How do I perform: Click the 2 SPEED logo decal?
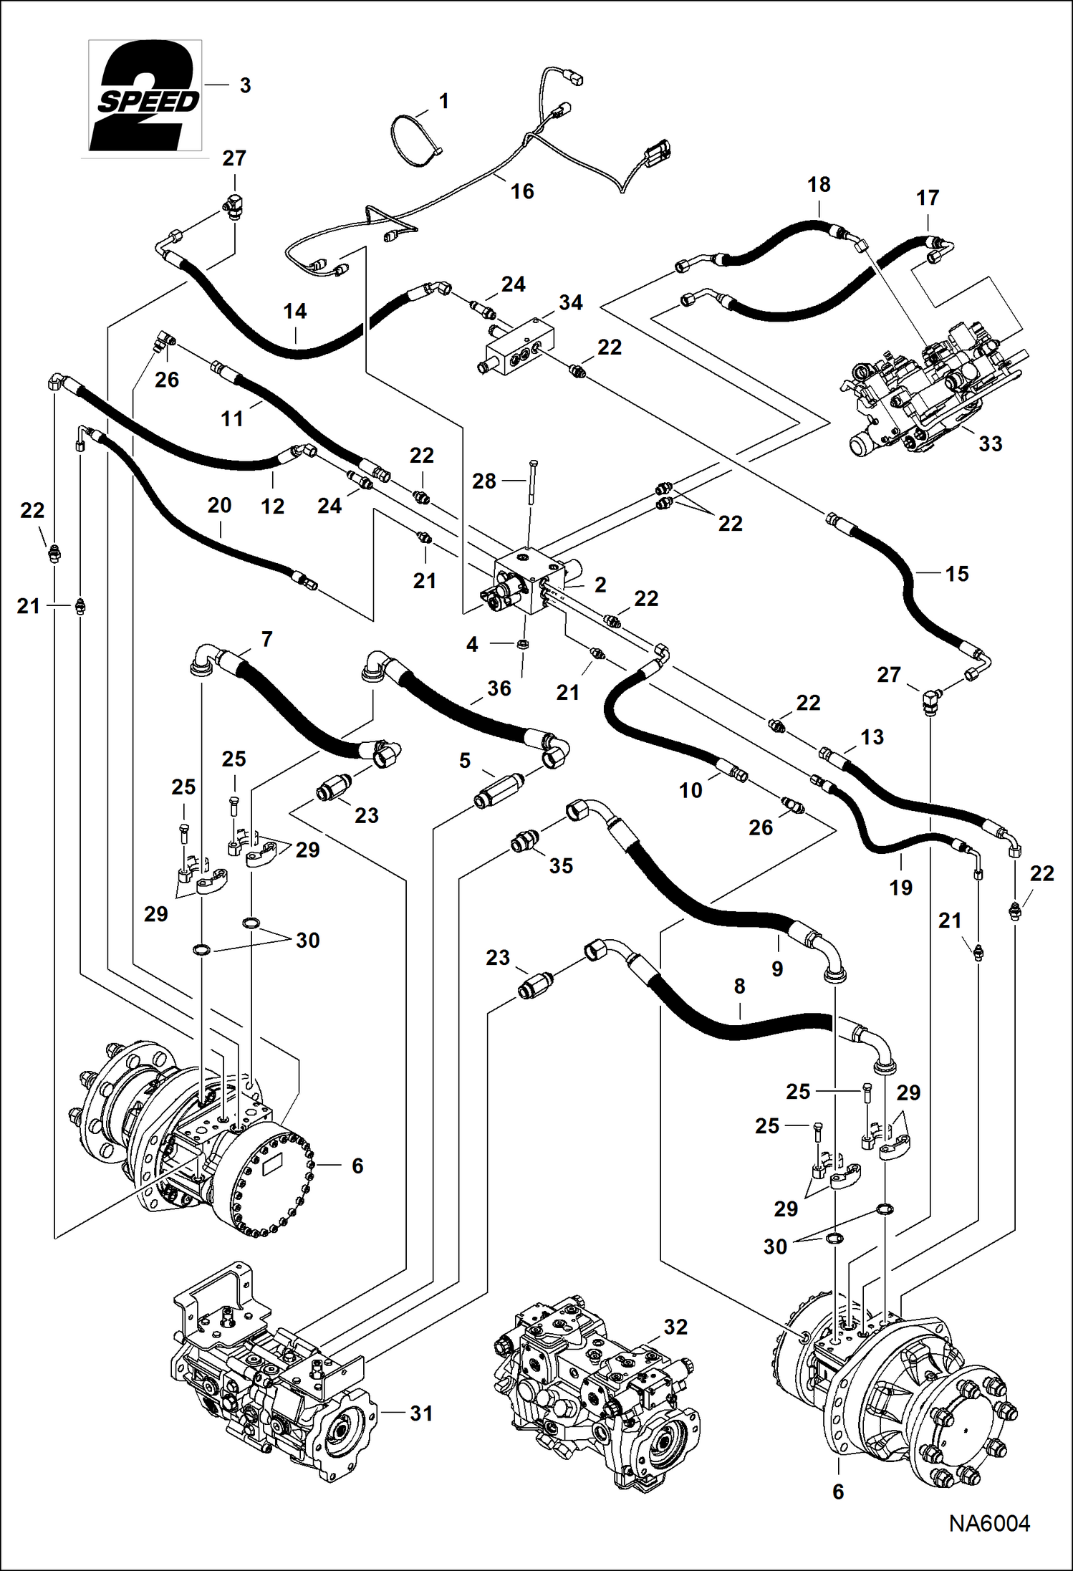click(145, 96)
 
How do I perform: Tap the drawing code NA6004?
click(989, 1524)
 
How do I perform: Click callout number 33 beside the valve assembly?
click(990, 443)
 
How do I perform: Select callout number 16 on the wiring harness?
click(522, 191)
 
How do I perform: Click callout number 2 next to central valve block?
click(600, 585)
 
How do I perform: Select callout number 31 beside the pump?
click(421, 1413)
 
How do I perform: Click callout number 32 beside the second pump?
click(675, 1327)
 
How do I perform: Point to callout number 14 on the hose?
click(294, 311)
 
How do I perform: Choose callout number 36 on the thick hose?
click(499, 688)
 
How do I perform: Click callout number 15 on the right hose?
click(956, 574)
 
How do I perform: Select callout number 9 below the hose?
click(777, 969)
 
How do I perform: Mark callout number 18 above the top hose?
click(819, 184)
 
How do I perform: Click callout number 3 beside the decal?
click(245, 85)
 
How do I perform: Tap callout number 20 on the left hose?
click(219, 506)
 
